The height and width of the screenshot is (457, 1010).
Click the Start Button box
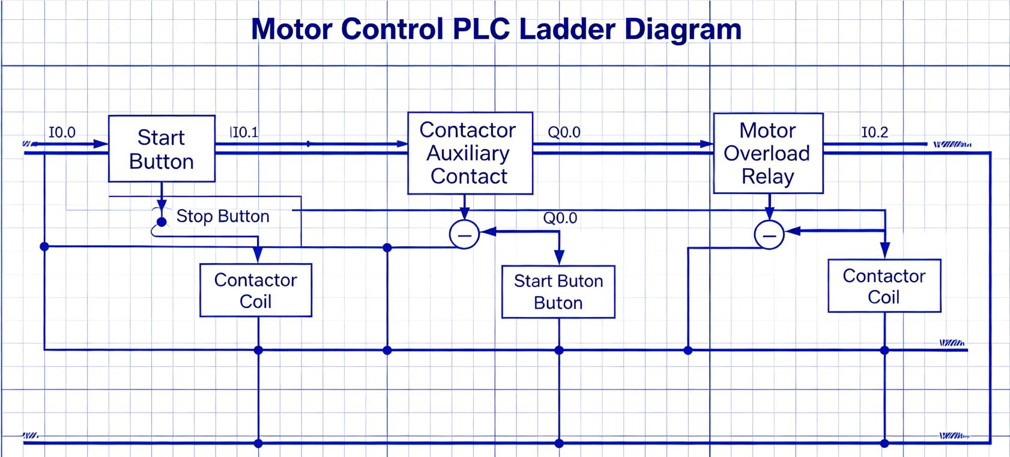162,149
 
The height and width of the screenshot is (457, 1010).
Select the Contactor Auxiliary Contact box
470,153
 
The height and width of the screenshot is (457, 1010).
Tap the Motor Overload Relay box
767,153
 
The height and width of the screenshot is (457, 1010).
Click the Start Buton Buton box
558,292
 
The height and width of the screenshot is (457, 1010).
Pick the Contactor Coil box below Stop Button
256,290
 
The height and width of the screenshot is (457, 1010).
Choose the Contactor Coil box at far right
884,286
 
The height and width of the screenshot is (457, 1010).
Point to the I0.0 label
62,132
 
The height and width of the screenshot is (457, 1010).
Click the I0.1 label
244,132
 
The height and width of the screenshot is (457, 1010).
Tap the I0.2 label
874,132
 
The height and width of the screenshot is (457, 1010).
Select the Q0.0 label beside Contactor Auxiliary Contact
564,132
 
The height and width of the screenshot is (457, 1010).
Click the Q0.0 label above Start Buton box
560,218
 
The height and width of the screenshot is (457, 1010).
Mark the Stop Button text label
223,216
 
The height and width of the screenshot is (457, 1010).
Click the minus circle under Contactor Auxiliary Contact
464,234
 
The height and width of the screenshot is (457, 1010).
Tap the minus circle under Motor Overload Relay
769,235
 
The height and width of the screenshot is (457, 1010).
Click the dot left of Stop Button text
162,222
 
